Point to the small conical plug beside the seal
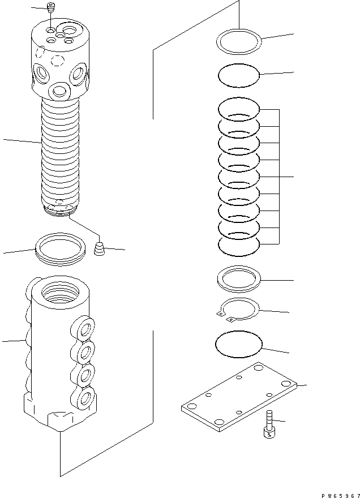tap(100, 248)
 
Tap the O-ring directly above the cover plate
tap(239, 345)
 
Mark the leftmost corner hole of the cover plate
tap(191, 406)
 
